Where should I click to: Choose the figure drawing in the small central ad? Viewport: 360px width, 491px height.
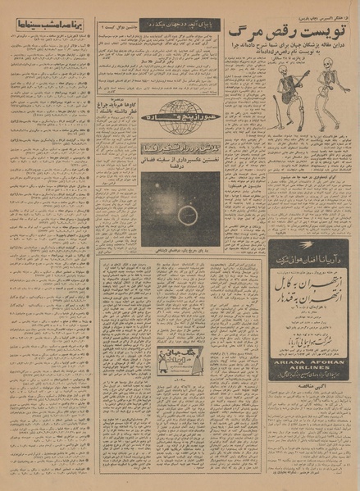[166, 357]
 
